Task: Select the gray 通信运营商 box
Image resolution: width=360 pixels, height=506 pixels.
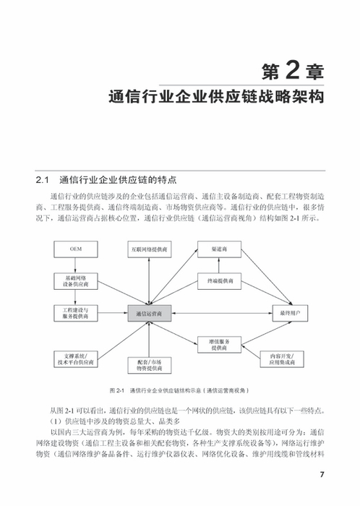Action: tap(150, 314)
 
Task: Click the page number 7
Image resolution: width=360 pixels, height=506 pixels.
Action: tap(322, 475)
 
